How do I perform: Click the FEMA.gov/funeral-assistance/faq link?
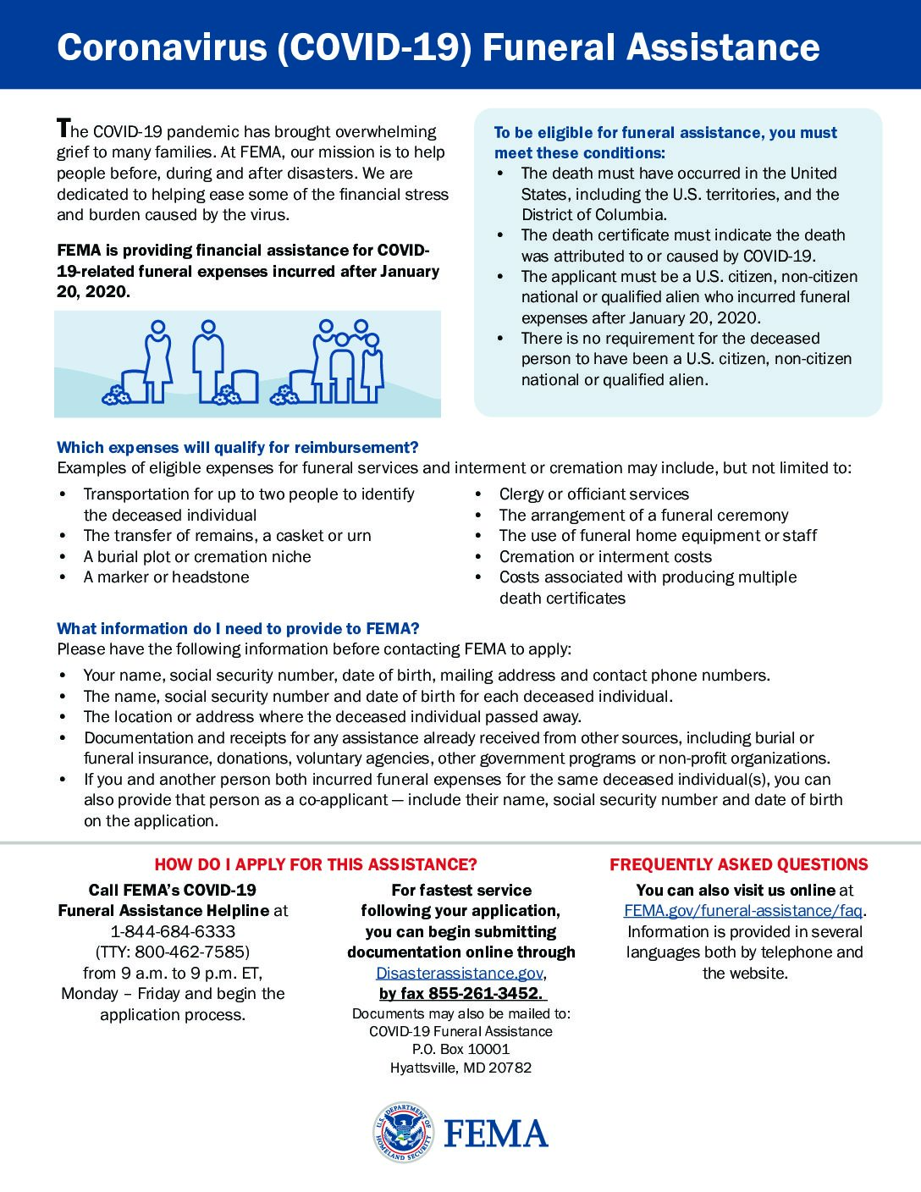742,911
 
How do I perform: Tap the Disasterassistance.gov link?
460,973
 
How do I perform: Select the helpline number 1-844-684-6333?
173,931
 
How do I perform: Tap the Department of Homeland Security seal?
403,1132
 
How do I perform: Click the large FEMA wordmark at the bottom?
496,1134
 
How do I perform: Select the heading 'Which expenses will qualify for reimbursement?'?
237,448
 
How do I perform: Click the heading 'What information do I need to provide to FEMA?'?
238,629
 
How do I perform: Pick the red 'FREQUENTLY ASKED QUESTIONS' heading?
738,864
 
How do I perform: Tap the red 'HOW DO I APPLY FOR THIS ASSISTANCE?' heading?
316,864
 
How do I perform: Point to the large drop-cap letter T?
63,128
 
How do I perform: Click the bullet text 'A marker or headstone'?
166,577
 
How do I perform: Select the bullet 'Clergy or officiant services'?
593,494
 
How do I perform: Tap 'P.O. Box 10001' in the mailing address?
460,1050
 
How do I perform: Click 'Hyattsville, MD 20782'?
460,1068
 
